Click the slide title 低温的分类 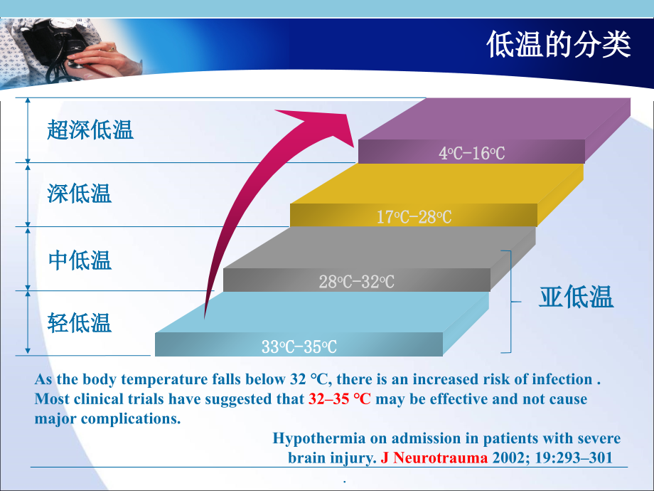tap(559, 45)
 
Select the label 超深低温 tap(90, 130)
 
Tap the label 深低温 tap(80, 194)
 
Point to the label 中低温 tap(80, 260)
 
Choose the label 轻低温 tap(80, 323)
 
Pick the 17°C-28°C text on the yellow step tap(414, 217)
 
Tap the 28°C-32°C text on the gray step tap(356, 282)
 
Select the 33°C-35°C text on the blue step tap(299, 347)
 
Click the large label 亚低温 tap(576, 297)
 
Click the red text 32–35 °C tap(339, 398)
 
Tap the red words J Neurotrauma tap(434, 458)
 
